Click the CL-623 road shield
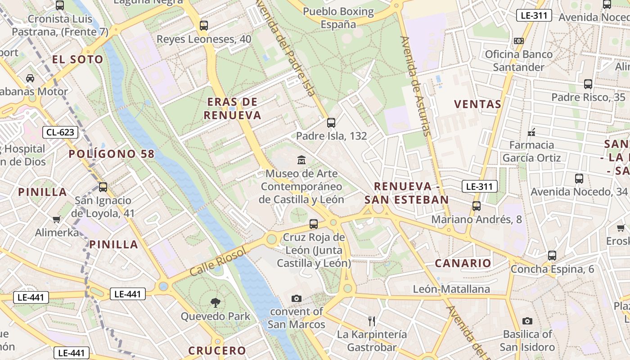(x=60, y=132)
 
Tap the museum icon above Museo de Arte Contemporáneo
(x=301, y=160)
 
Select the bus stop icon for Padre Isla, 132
(x=331, y=122)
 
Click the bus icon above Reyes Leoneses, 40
(x=204, y=26)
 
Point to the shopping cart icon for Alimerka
(x=56, y=219)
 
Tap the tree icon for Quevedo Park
(x=216, y=303)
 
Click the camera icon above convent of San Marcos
(x=296, y=298)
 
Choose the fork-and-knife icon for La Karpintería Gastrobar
(x=372, y=321)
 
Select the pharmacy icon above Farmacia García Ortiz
(x=531, y=132)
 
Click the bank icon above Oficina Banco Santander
(x=519, y=41)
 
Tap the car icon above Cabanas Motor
(x=30, y=78)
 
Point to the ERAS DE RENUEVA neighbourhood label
(x=232, y=108)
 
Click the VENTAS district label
(x=477, y=104)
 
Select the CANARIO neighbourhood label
(x=463, y=263)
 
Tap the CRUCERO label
(x=217, y=351)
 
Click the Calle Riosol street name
(x=218, y=262)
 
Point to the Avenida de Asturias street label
(x=416, y=85)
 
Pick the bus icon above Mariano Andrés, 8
(x=477, y=206)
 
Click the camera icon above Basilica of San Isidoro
(x=527, y=321)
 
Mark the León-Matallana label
(x=451, y=289)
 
